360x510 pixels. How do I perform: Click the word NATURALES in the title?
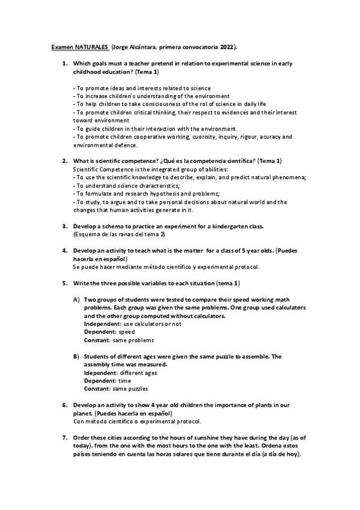click(91, 46)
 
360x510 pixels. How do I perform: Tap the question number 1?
click(65, 63)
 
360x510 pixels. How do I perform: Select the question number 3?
click(65, 226)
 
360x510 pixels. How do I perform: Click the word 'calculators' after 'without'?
click(207, 316)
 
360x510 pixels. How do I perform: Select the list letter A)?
click(76, 300)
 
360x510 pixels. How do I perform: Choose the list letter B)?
click(76, 357)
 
